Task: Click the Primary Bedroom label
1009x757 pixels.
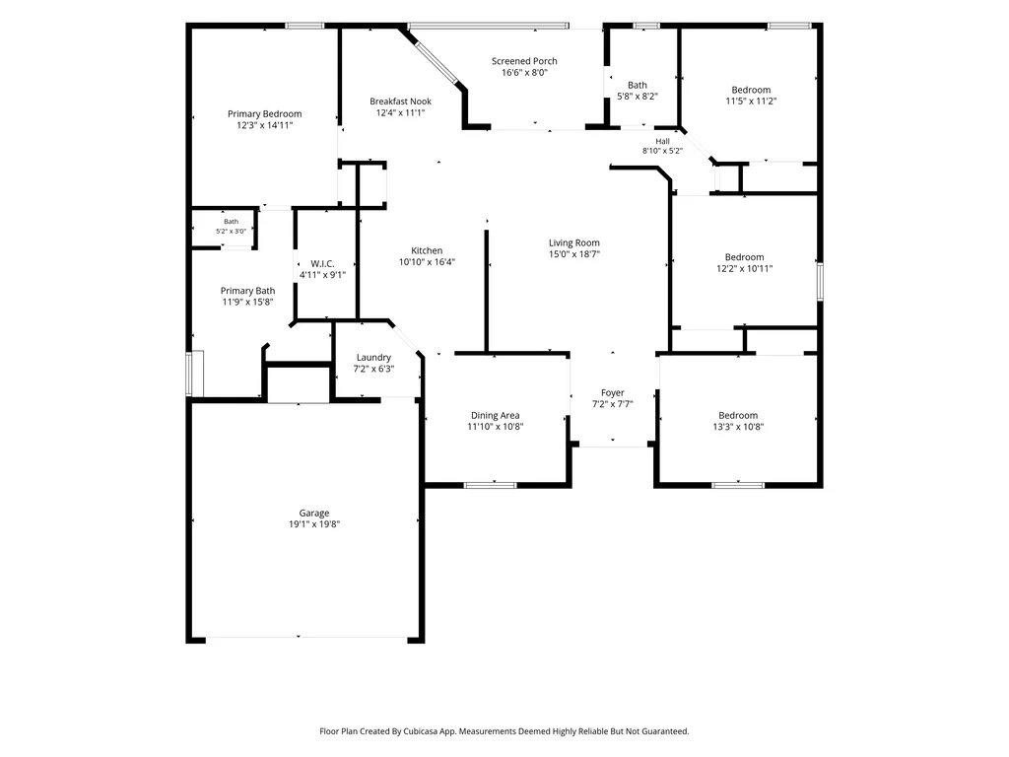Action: [264, 114]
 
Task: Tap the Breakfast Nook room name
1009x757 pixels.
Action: [400, 102]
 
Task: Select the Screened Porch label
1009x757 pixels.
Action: [524, 61]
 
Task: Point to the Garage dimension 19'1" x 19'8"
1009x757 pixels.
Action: [314, 524]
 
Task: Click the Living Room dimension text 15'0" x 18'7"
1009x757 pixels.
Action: [574, 254]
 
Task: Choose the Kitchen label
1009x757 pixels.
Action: [427, 250]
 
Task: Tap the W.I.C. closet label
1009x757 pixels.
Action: [322, 264]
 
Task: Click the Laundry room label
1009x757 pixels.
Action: [373, 357]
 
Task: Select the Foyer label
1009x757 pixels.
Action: [613, 392]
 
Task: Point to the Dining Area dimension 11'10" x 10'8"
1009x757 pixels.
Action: [496, 426]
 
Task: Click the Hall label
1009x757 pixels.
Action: [663, 142]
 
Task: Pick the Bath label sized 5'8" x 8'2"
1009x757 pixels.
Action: [638, 85]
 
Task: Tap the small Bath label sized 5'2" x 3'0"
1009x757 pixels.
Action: [231, 222]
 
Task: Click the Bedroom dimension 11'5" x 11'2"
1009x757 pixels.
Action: [751, 102]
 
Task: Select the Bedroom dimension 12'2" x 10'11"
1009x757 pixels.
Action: [745, 268]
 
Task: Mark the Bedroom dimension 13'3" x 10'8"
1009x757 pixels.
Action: [738, 426]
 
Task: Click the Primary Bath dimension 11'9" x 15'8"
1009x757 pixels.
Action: [247, 302]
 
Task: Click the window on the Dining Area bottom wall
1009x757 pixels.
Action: [491, 485]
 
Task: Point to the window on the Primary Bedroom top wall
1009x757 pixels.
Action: [305, 26]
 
